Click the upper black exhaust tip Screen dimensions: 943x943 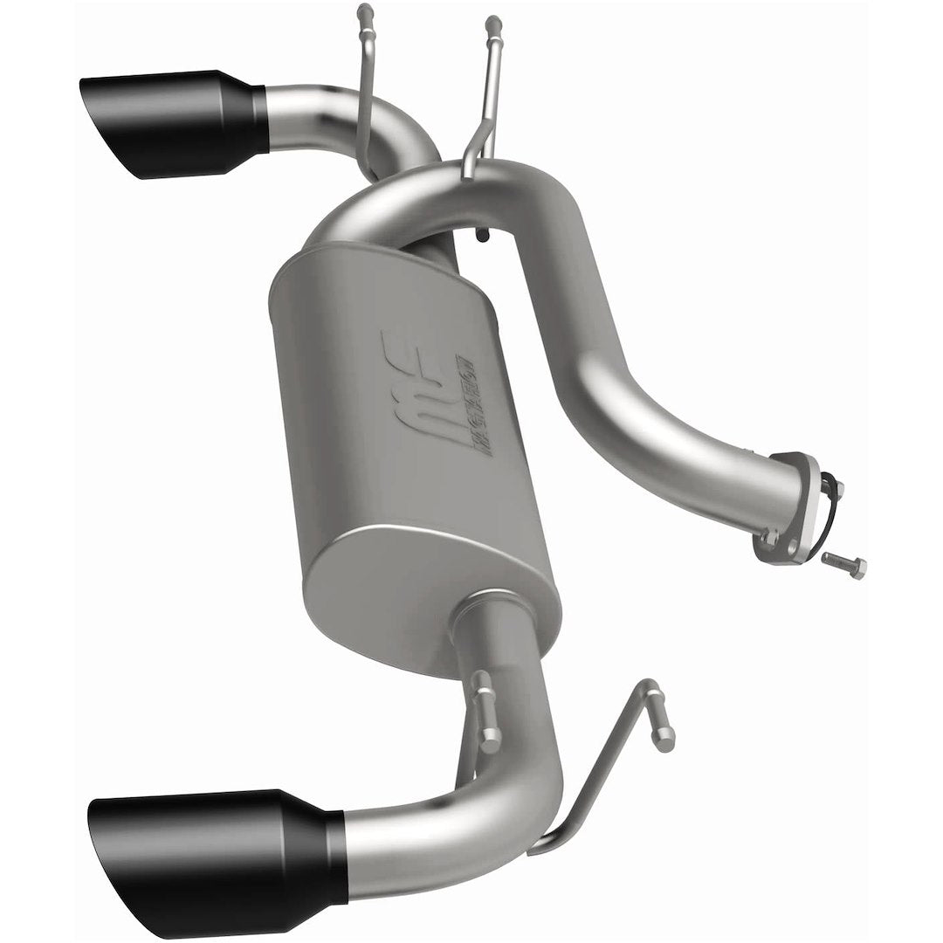pyautogui.click(x=175, y=122)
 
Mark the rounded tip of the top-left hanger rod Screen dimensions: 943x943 pyautogui.click(x=365, y=12)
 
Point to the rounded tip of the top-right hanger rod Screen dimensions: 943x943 pyautogui.click(x=492, y=21)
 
